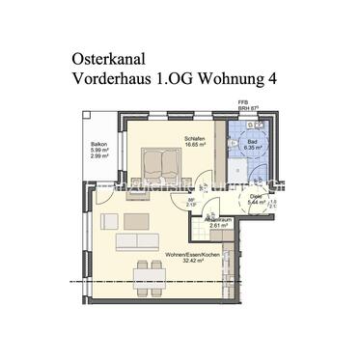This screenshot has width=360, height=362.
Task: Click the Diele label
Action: tap(256, 196)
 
